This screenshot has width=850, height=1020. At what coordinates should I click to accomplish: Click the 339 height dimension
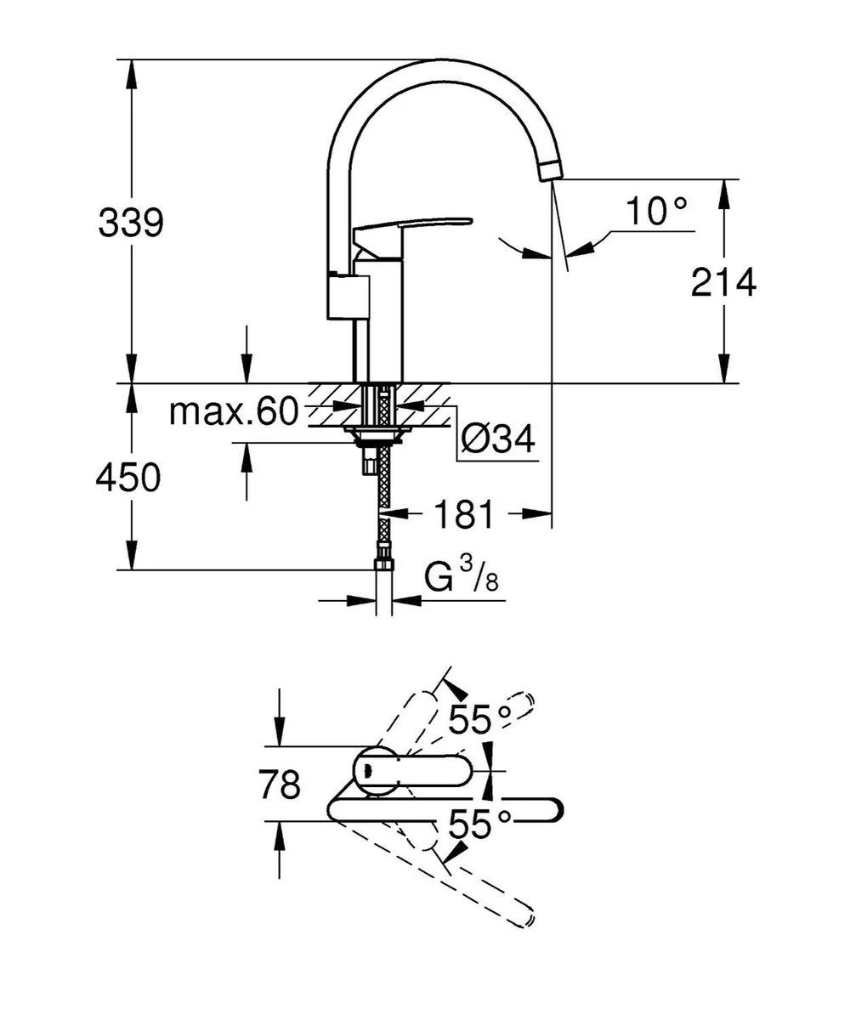(x=130, y=224)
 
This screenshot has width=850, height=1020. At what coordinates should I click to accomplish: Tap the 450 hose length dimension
(x=128, y=479)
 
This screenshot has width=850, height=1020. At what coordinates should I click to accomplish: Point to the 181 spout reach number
(x=463, y=513)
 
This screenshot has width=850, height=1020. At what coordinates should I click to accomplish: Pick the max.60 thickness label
(x=233, y=413)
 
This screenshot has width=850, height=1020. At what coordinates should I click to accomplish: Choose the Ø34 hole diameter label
(x=498, y=440)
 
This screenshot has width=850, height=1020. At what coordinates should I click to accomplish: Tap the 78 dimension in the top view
(x=280, y=785)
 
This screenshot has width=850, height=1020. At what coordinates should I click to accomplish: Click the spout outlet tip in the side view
(x=549, y=170)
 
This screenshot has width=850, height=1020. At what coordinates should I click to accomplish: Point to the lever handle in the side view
(x=412, y=226)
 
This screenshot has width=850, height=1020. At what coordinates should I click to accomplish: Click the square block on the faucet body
(x=348, y=296)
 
